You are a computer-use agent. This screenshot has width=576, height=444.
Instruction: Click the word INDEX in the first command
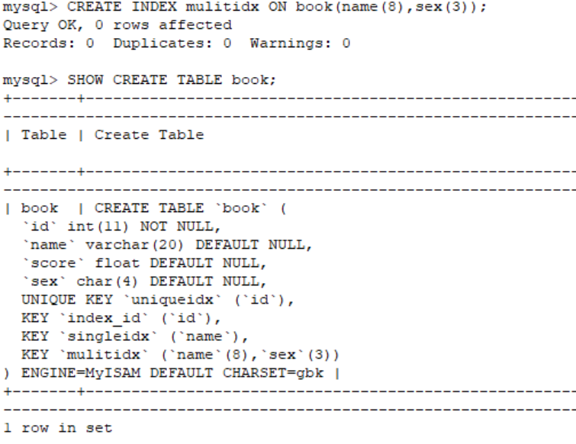154,7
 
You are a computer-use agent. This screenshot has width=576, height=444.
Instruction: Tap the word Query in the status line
26,25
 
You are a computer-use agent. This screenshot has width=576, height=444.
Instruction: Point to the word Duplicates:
163,43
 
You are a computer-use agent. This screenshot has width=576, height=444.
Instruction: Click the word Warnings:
291,43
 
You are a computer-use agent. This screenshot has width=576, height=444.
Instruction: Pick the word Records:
40,43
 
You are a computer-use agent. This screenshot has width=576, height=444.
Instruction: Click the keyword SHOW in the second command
85,80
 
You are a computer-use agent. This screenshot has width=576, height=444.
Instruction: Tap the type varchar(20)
134,245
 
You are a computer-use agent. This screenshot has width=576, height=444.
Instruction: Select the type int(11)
98,227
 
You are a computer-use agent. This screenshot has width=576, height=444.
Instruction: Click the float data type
117,263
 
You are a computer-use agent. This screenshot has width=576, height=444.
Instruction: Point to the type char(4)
107,282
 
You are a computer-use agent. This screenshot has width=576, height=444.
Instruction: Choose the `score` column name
53,263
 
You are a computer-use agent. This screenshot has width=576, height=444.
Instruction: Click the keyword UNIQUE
49,300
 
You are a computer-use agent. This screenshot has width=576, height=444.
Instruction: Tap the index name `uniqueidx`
172,300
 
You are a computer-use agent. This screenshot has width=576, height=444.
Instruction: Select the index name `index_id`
104,318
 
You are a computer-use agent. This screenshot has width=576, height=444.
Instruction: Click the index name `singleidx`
108,336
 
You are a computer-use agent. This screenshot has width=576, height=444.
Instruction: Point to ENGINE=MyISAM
81,373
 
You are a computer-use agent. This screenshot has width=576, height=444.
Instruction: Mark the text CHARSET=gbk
273,373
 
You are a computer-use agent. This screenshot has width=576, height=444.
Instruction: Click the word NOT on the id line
153,227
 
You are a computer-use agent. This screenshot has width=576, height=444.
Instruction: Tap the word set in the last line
99,428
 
